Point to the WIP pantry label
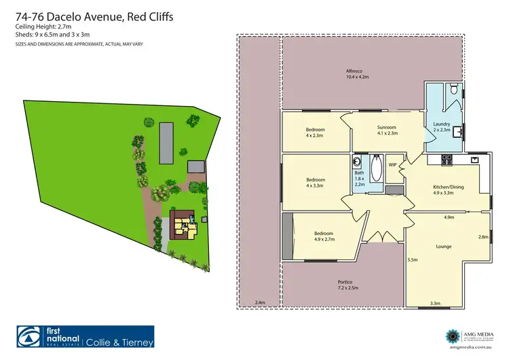(392, 164)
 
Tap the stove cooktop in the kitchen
(447, 160)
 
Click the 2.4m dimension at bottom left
(259, 303)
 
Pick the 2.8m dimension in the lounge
(483, 237)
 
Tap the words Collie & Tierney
(119, 342)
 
